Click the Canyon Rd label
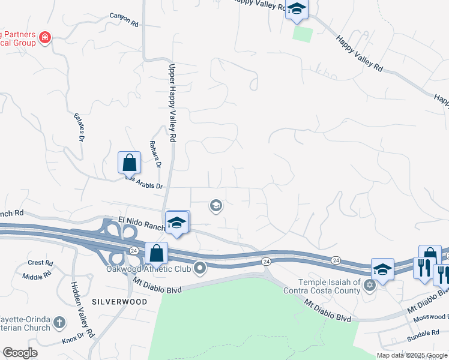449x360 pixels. coord(124,20)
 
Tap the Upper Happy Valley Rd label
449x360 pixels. coord(172,103)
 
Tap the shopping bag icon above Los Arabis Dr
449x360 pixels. coord(129,163)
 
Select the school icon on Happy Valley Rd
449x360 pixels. coord(297,9)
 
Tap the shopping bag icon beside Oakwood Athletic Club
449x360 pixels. coord(156,253)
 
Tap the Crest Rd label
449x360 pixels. coord(41,263)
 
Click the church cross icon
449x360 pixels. coord(59,323)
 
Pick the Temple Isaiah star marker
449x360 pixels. coord(370,285)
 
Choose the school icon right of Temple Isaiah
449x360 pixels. coord(382,269)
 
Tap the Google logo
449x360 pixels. coord(19,353)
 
